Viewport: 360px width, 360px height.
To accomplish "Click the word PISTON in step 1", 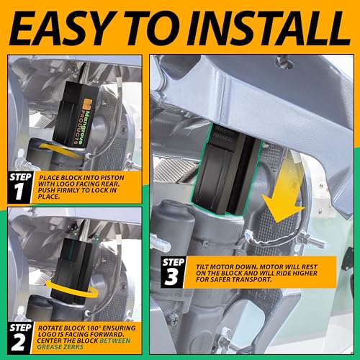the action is [112, 178].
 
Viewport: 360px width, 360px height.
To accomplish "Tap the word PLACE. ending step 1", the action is [49, 197].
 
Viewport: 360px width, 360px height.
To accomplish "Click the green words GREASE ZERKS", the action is [60, 347].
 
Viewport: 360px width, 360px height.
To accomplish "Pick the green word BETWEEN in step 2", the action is [115, 341].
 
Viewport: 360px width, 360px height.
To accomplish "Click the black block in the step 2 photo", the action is [75, 271].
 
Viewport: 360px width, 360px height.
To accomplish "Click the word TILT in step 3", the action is [202, 267].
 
